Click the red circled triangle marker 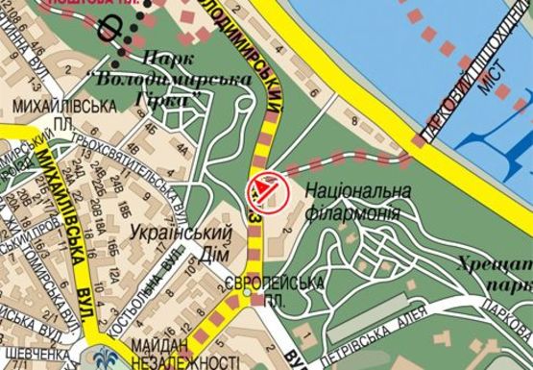(x=267, y=188)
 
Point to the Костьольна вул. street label (x=145, y=287)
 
